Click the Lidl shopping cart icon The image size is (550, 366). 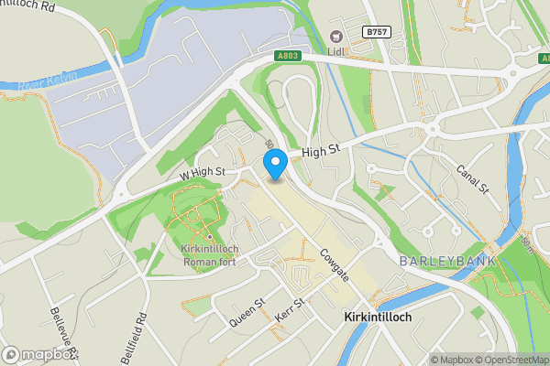(x=336, y=37)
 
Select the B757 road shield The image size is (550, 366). (x=374, y=32)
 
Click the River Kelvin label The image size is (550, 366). (x=43, y=81)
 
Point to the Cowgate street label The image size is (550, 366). (x=335, y=263)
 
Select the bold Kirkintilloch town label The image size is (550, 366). (x=377, y=318)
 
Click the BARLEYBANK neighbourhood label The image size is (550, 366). (x=447, y=262)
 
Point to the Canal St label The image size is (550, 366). (x=473, y=179)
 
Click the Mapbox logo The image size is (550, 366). (x=40, y=354)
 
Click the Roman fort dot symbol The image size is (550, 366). (x=210, y=237)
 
